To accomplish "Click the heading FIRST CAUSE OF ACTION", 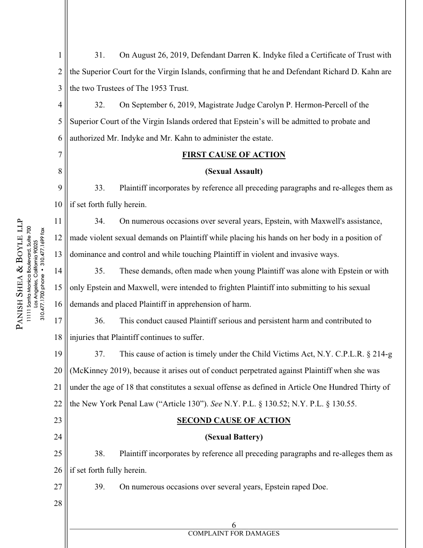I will click(x=233, y=155).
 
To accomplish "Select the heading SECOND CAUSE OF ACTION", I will click(x=233, y=420).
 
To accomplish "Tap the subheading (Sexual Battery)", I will click(x=233, y=437).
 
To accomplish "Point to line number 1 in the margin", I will click(x=60, y=55).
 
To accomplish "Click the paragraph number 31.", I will click(x=100, y=55).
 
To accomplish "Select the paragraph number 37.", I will click(x=100, y=354).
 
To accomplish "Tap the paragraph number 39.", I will click(x=100, y=487).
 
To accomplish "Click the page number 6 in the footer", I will click(x=233, y=525).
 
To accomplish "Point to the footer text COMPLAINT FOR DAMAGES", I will click(x=233, y=533).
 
